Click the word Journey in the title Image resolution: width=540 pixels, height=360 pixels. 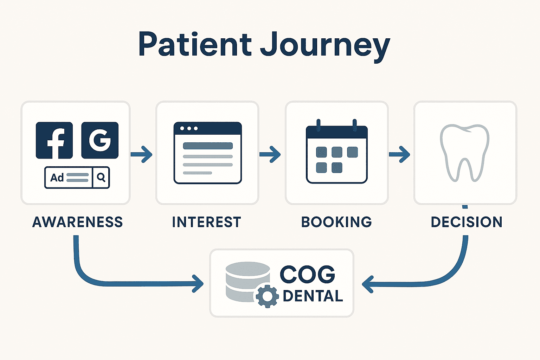pyautogui.click(x=325, y=45)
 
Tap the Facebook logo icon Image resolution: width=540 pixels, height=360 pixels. pyautogui.click(x=54, y=140)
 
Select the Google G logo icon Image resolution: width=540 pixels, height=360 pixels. pyautogui.click(x=100, y=140)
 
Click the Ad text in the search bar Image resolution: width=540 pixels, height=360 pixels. pyautogui.click(x=57, y=178)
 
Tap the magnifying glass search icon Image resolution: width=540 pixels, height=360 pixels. pyautogui.click(x=101, y=178)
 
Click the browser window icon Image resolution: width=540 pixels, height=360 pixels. pyautogui.click(x=208, y=153)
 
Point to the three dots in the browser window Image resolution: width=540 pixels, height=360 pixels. pyautogui.click(x=189, y=128)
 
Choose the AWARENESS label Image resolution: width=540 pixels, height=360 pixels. pyautogui.click(x=77, y=222)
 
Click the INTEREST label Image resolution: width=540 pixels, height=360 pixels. pyautogui.click(x=207, y=222)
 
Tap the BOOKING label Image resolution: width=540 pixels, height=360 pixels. pyautogui.click(x=336, y=222)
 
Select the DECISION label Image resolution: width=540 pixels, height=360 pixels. pyautogui.click(x=467, y=222)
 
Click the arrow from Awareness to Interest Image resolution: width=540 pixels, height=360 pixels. pyautogui.click(x=142, y=154)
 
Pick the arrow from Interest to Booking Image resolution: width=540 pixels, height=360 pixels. pyautogui.click(x=270, y=154)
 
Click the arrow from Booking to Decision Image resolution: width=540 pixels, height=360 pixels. pyautogui.click(x=399, y=154)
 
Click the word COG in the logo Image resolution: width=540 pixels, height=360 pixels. pyautogui.click(x=307, y=274)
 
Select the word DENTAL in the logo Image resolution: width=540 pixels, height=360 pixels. pyautogui.click(x=313, y=296)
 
